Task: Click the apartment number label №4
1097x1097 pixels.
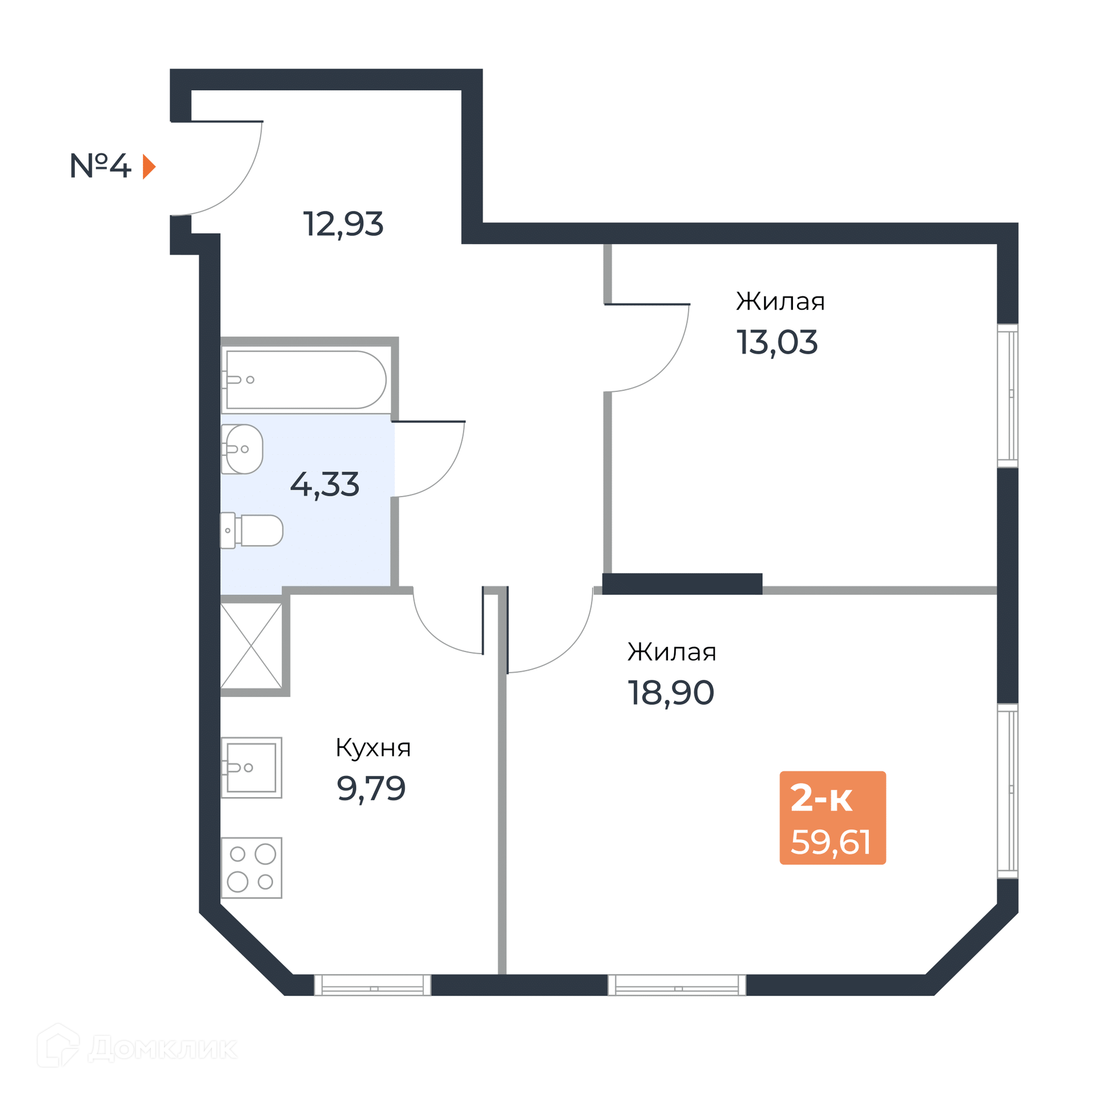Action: click(x=100, y=166)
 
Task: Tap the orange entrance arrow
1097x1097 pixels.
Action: click(x=149, y=167)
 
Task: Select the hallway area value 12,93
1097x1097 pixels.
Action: click(x=343, y=223)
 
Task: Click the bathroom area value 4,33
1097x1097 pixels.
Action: click(x=325, y=484)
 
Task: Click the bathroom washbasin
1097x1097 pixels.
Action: click(x=242, y=449)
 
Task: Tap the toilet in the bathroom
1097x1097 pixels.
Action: click(x=252, y=530)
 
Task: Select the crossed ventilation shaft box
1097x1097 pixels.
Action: click(x=251, y=646)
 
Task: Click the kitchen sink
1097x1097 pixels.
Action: click(x=251, y=767)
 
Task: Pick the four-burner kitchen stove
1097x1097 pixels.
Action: click(x=251, y=868)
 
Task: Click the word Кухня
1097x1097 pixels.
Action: click(x=373, y=747)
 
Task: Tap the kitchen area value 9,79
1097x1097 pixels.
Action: click(x=371, y=788)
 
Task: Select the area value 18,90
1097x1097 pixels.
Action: click(x=671, y=692)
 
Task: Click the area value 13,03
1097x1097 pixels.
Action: click(x=776, y=342)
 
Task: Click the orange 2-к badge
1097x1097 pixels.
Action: click(x=832, y=818)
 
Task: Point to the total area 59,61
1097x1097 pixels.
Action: click(x=831, y=842)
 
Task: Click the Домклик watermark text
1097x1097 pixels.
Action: click(x=163, y=1047)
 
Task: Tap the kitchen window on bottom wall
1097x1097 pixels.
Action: click(x=373, y=985)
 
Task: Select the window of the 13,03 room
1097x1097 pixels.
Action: click(x=1008, y=395)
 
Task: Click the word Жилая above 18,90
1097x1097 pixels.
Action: click(x=672, y=651)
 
